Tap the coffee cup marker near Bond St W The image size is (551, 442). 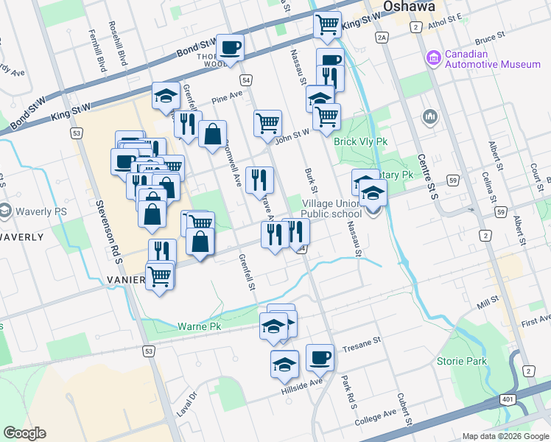[x=231, y=47]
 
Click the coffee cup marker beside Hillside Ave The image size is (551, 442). [x=320, y=358]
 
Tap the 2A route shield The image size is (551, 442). [x=381, y=38]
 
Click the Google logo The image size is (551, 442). [x=25, y=433]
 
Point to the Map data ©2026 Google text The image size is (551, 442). [x=505, y=436]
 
